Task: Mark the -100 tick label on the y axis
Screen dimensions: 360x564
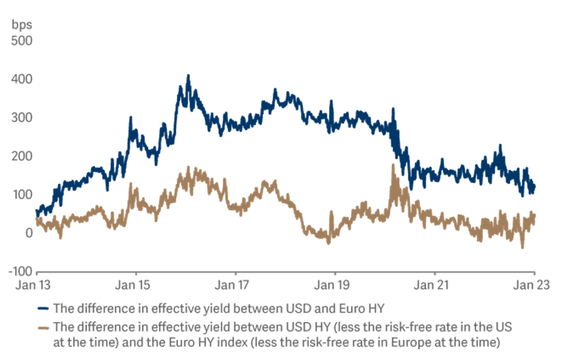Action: click(x=20, y=272)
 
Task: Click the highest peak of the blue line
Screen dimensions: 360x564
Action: click(x=188, y=75)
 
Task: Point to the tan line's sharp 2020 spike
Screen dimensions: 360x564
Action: click(x=393, y=165)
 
